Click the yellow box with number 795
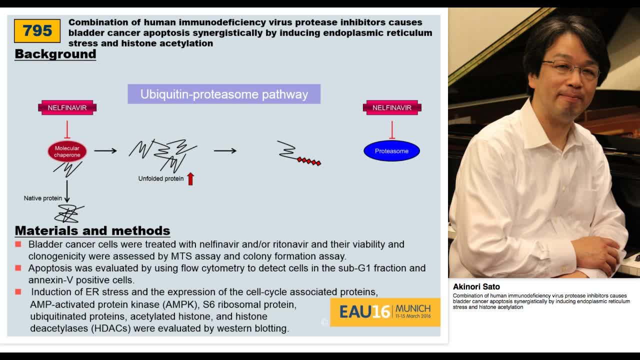point(37,31)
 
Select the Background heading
point(55,54)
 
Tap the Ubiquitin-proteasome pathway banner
point(224,94)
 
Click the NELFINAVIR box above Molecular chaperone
point(67,107)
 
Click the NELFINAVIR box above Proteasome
point(392,107)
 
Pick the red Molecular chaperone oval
point(67,151)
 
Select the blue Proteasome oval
point(391,151)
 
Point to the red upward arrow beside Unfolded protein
point(190,178)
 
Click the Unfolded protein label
point(161,178)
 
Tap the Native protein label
point(43,198)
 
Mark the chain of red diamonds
point(309,161)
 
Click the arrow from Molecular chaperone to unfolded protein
point(105,150)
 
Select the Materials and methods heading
point(92,230)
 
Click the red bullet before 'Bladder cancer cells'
point(18,244)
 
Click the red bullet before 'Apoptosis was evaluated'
point(18,268)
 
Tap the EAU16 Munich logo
point(385,312)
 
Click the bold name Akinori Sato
point(476,286)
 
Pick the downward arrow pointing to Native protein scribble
point(67,191)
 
